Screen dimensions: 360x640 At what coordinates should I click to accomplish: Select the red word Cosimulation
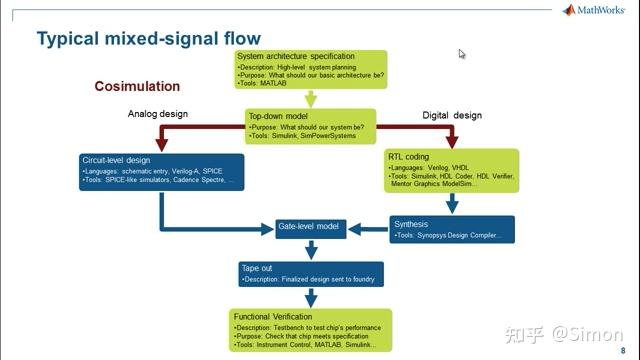pos(137,86)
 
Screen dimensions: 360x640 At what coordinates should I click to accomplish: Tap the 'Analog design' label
pos(158,114)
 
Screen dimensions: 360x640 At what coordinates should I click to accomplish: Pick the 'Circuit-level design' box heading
pos(118,160)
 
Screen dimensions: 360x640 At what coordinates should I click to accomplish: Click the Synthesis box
pos(451,229)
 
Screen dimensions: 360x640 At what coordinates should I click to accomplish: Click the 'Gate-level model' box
pos(309,228)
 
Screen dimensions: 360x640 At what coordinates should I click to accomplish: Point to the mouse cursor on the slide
pos(462,54)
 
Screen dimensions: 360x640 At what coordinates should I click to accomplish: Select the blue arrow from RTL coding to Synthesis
pos(453,204)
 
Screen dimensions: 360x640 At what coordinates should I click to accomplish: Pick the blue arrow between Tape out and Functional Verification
pos(310,297)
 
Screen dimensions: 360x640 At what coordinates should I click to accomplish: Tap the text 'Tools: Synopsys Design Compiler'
pos(455,236)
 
